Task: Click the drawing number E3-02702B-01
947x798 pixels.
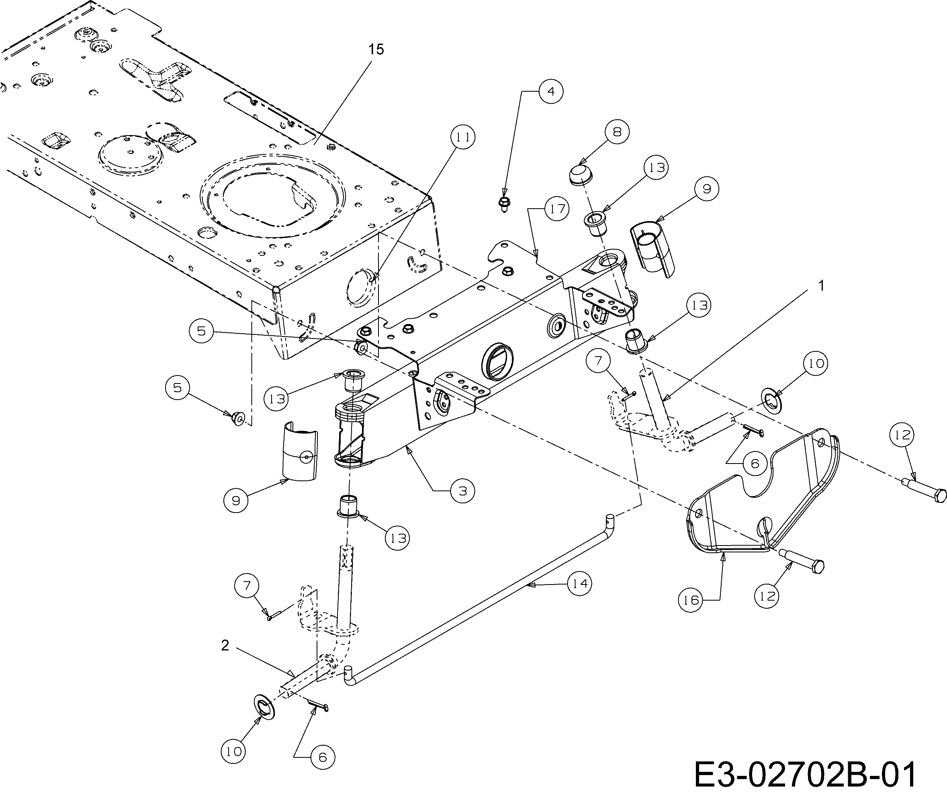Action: coord(805,774)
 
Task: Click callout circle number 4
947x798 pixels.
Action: coord(550,92)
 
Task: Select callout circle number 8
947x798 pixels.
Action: coord(617,132)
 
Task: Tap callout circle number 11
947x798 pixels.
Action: coord(463,137)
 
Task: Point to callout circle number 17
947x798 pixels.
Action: coord(557,209)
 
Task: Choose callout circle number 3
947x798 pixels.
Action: coord(462,490)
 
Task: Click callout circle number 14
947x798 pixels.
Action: coord(579,584)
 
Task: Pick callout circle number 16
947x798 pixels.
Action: coord(691,600)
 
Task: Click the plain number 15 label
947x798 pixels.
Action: coord(376,49)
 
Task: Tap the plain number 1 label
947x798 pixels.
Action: coord(821,286)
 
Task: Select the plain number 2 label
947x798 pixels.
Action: coord(225,646)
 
